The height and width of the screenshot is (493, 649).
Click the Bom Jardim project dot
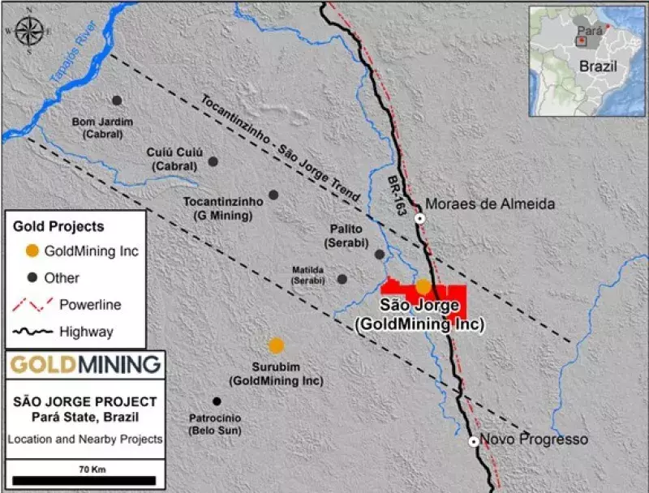[117, 101]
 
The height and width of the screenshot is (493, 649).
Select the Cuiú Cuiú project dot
[213, 161]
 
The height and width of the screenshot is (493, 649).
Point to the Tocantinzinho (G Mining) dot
[273, 195]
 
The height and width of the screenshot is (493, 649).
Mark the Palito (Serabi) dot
[379, 254]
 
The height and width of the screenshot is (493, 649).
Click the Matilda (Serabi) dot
[342, 279]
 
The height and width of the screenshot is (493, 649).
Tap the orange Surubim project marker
[277, 345]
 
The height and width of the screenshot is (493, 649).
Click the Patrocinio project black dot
[217, 401]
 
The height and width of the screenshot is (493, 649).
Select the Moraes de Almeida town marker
[419, 218]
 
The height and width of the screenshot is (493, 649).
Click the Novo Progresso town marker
[473, 442]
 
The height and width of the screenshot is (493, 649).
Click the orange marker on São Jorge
[423, 286]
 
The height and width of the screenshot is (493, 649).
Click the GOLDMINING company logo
[84, 365]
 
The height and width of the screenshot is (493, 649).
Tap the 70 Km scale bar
[84, 480]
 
